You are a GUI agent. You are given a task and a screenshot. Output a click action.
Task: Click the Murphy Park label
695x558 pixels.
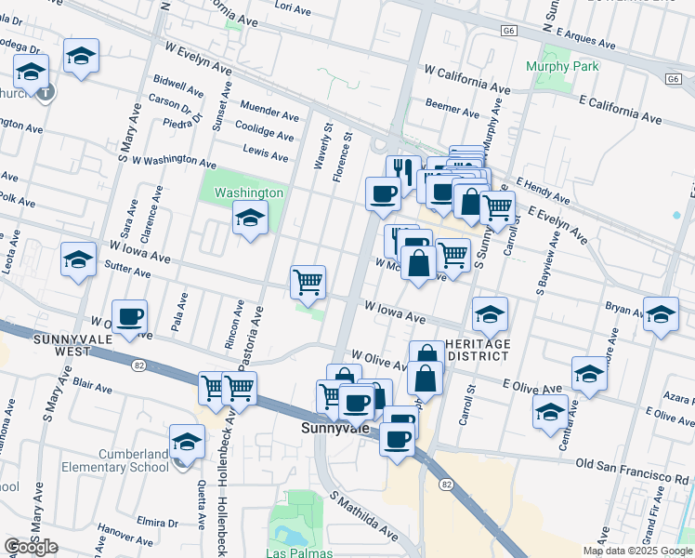(562, 66)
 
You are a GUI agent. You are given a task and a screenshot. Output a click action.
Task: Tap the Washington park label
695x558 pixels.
(249, 193)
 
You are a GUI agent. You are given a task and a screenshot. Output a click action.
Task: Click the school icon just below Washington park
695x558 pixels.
(250, 219)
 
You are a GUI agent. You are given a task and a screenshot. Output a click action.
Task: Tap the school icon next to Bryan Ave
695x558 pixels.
(661, 315)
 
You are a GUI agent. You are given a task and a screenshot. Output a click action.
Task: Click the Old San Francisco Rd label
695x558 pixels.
(634, 463)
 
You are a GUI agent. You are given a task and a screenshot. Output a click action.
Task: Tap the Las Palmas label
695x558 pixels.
(295, 552)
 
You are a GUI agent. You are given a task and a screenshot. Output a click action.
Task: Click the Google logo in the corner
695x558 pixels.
(31, 547)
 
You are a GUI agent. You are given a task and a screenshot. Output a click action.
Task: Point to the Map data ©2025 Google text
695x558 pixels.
(637, 551)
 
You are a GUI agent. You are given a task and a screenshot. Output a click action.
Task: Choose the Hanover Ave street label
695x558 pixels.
(125, 535)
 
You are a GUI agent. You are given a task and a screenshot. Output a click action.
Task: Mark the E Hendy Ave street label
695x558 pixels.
(543, 189)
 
